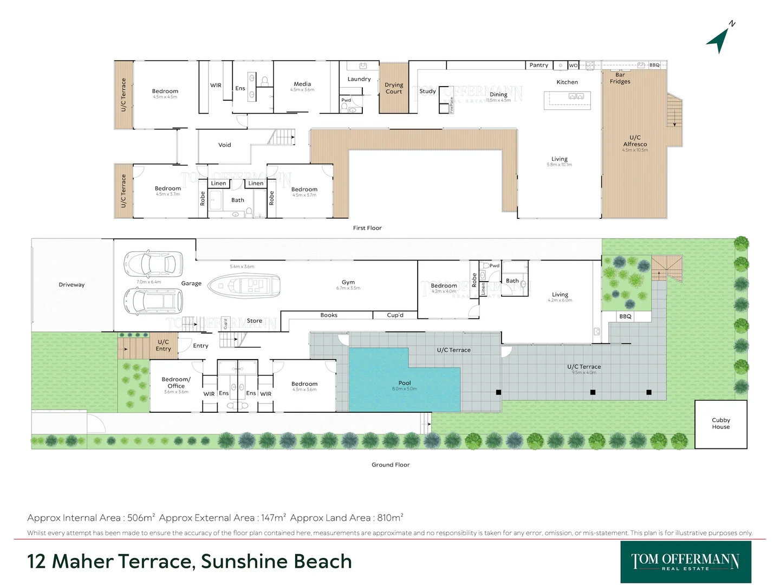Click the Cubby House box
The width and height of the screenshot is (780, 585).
pos(720,424)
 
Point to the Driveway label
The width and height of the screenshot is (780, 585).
pos(71,285)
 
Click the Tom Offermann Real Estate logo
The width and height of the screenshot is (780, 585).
pos(685,562)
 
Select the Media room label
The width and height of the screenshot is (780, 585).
pos(302,84)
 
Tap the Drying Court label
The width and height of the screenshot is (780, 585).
pos(394,88)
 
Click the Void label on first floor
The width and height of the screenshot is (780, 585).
pos(224,145)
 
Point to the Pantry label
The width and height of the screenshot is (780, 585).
pos(538,65)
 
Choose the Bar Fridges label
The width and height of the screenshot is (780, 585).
pos(620,79)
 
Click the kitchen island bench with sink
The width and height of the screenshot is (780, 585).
pos(567,100)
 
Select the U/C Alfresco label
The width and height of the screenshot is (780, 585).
pos(635,141)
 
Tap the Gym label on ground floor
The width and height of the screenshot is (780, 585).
pos(348,282)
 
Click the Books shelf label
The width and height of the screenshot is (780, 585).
pos(329,315)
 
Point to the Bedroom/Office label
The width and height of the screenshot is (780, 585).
pos(176,382)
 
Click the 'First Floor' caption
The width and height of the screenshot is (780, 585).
pos(367,228)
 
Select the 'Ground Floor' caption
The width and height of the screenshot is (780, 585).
pos(391,465)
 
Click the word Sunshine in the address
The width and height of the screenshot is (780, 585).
pos(236,561)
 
